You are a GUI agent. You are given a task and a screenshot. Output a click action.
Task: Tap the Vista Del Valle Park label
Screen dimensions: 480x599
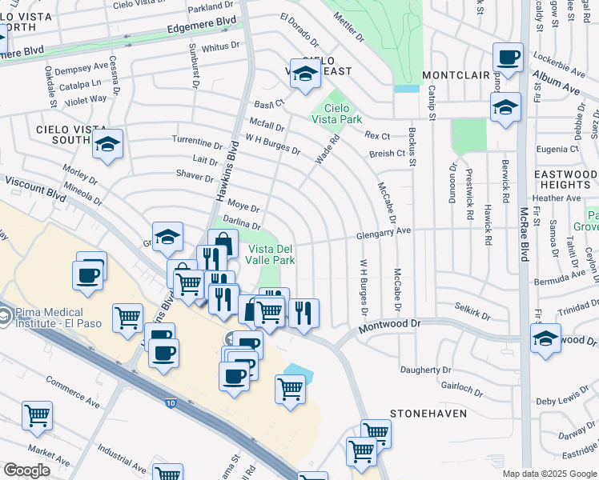pos(269,254)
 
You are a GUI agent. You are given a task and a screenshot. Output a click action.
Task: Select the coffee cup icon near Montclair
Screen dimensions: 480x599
pos(508,58)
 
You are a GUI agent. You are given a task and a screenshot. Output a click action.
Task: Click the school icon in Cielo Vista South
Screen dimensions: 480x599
pos(107,145)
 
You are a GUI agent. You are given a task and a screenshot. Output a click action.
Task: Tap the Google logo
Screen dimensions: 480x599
pos(27,470)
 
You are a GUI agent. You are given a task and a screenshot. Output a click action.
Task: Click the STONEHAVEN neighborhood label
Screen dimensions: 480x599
pos(422,414)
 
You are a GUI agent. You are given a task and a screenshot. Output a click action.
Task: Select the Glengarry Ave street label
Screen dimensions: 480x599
pos(384,231)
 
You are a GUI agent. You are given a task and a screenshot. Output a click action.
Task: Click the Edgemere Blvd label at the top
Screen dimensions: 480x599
pos(203,27)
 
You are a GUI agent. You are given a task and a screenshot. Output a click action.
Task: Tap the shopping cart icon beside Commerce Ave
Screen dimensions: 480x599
pos(37,416)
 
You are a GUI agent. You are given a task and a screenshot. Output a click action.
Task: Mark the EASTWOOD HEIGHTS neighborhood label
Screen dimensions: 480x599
pos(564,179)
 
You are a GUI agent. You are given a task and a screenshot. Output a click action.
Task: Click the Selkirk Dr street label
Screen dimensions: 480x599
pos(472,310)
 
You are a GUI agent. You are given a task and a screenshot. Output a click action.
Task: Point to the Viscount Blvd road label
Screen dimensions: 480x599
pos(34,190)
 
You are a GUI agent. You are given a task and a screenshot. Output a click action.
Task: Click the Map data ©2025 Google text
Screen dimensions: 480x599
pos(549,474)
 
